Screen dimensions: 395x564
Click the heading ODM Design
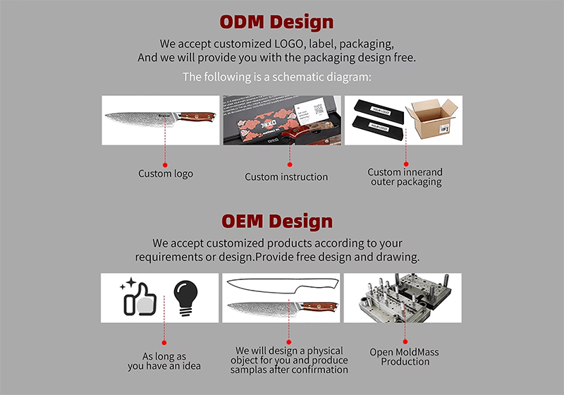(276, 21)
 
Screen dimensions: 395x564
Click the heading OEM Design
(276, 221)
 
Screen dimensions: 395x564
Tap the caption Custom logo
(165, 174)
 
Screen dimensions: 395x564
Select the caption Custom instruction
(286, 176)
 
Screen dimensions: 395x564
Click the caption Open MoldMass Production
(405, 356)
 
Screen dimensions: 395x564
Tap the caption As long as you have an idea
(164, 361)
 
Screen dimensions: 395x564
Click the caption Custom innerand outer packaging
(405, 177)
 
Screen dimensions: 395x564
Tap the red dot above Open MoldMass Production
(405, 340)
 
